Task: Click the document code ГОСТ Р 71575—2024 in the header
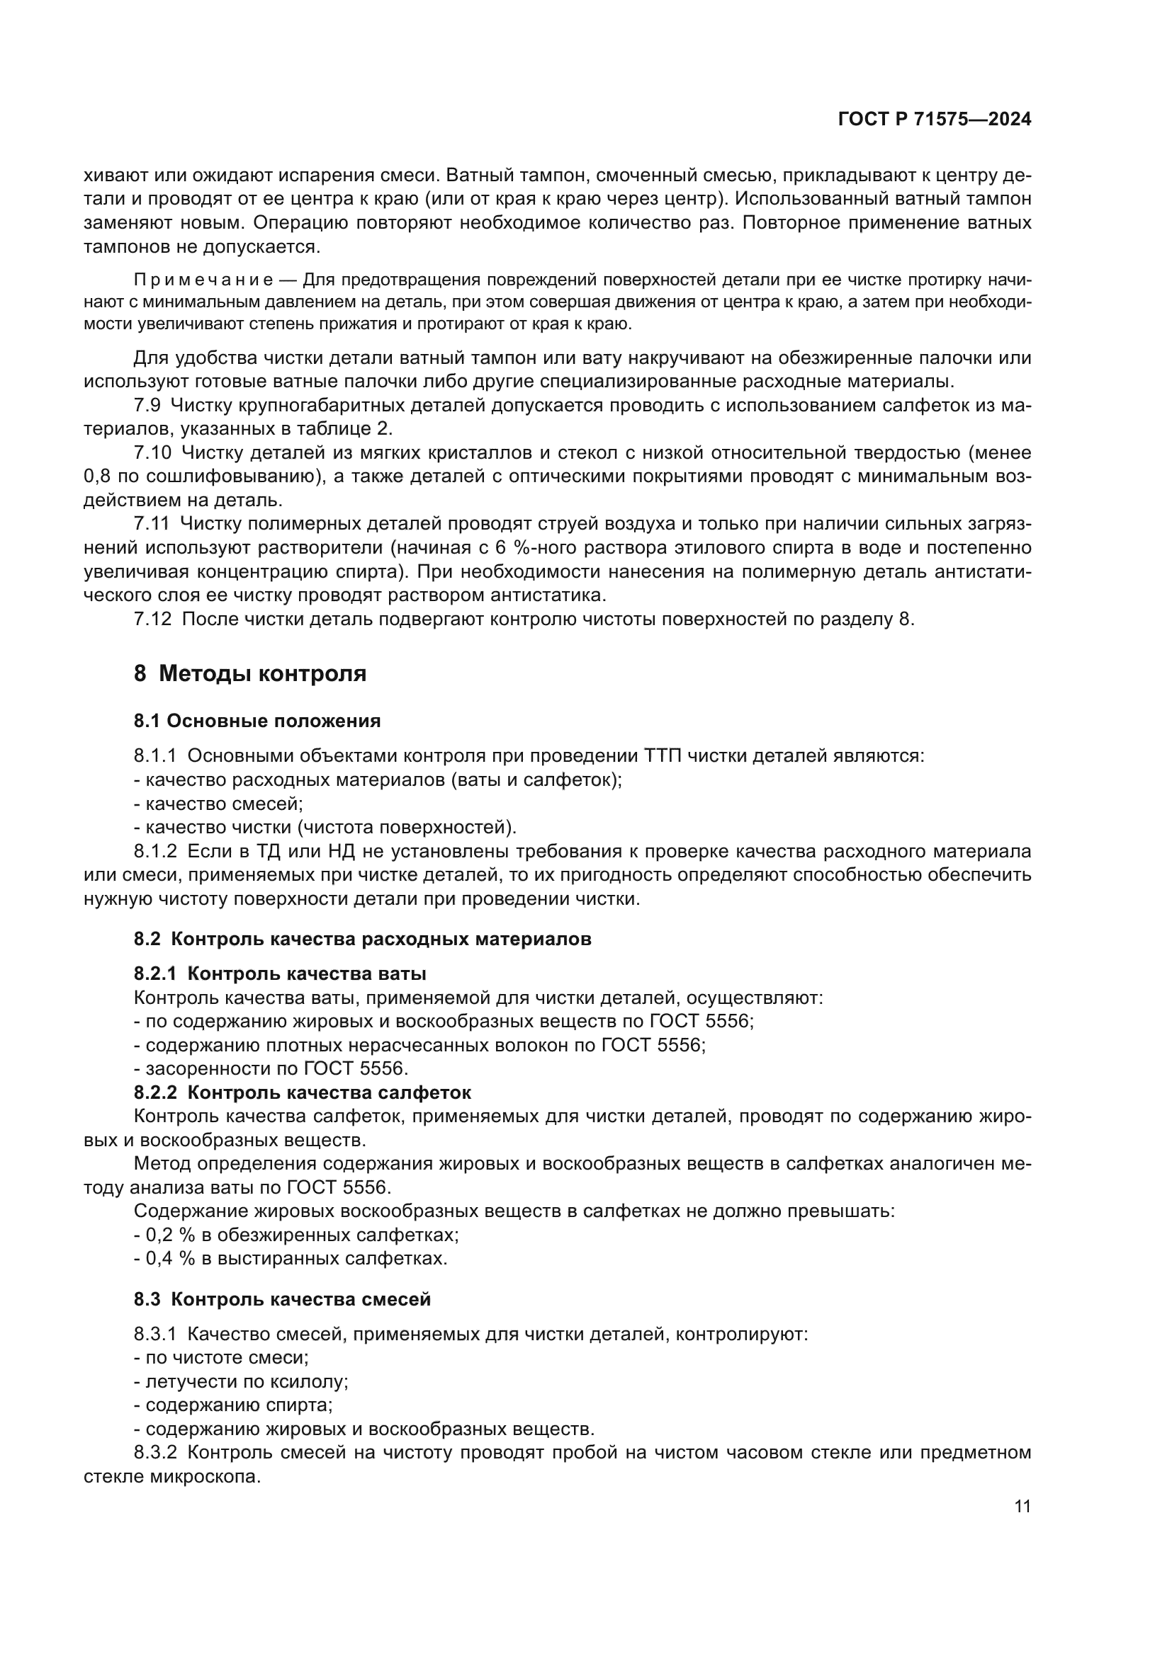coord(934,120)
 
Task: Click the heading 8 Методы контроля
coord(249,673)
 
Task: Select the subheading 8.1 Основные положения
coord(257,721)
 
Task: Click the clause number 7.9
coord(147,406)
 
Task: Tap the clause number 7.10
coord(152,453)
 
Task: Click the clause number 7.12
coord(152,619)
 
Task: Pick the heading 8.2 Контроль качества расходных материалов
coord(362,939)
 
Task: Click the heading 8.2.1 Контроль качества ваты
coord(280,973)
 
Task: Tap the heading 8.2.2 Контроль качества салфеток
coord(303,1092)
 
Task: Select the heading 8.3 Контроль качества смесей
coord(282,1299)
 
